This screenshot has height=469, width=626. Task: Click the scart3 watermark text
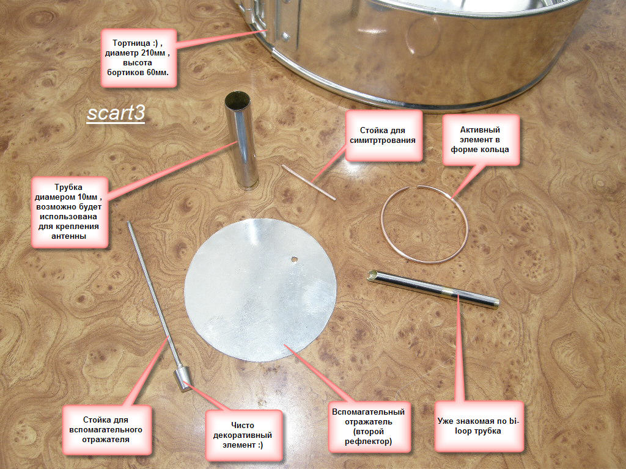(116, 113)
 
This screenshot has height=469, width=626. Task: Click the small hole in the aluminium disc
(294, 259)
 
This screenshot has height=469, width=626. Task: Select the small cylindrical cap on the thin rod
(182, 378)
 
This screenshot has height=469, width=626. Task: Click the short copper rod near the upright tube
(309, 182)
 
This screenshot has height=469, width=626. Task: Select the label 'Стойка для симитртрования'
(383, 136)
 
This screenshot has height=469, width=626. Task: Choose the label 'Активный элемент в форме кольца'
(481, 140)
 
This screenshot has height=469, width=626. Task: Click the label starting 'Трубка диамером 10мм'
(70, 211)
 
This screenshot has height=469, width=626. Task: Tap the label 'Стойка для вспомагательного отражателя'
(106, 429)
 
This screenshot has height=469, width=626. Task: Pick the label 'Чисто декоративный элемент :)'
(243, 435)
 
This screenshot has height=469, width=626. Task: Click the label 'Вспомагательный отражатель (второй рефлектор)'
(369, 427)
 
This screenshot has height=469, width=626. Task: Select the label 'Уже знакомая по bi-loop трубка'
(478, 426)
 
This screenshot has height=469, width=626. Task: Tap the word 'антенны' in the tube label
(68, 236)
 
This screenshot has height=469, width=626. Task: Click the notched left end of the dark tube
(372, 275)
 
